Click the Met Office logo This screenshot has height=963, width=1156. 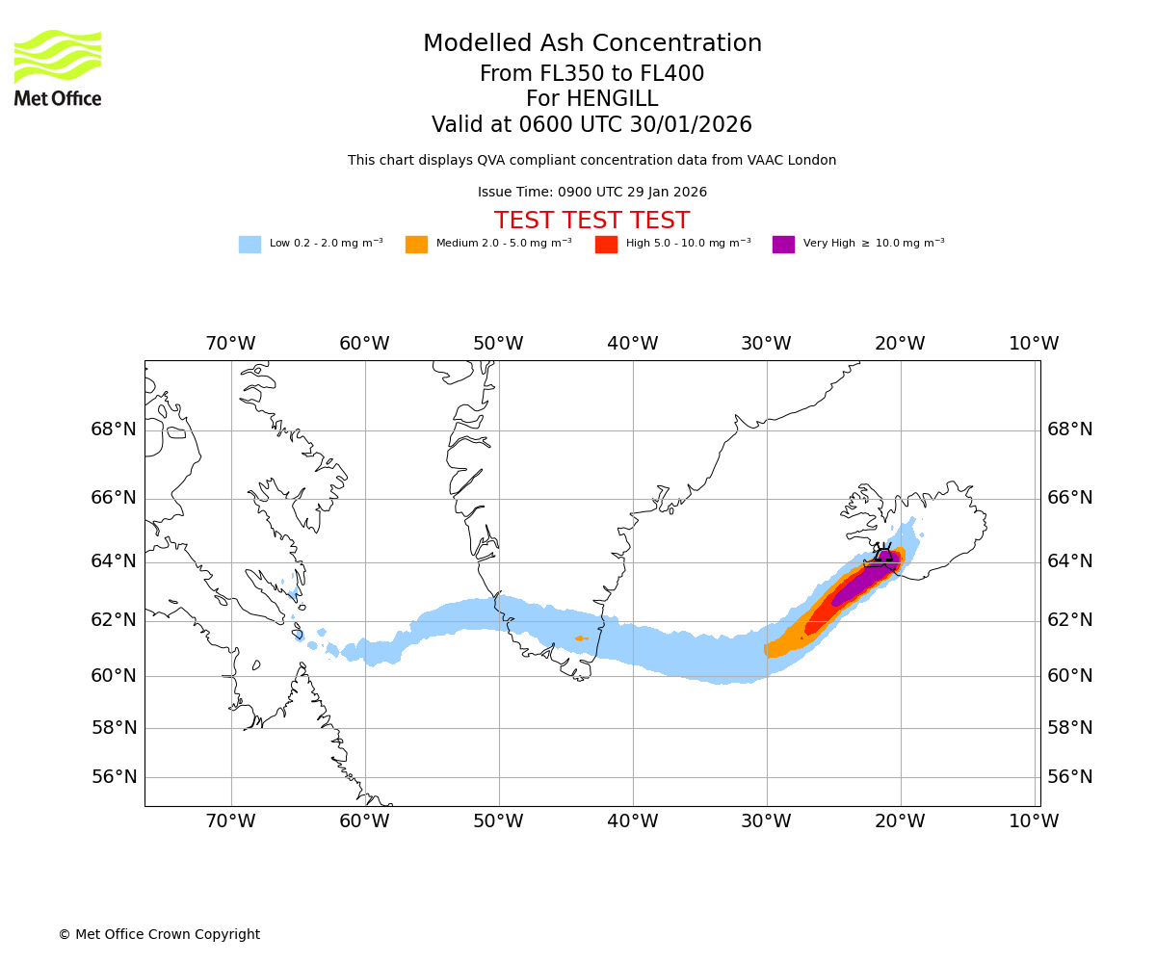click(x=58, y=67)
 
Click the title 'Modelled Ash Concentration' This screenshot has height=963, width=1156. click(x=592, y=44)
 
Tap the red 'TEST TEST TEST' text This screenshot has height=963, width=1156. click(x=592, y=221)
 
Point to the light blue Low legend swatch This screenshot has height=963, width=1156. click(x=250, y=245)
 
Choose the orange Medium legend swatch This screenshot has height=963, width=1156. click(x=416, y=245)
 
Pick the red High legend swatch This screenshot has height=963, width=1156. click(x=606, y=245)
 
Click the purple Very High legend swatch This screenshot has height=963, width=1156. click(x=783, y=245)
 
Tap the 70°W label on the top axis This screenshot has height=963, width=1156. click(x=230, y=344)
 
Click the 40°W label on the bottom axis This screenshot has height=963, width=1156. click(x=632, y=821)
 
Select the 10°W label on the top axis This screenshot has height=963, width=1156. click(x=1034, y=344)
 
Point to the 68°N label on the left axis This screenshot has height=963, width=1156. click(x=114, y=429)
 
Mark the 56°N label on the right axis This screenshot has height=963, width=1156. click(x=1070, y=777)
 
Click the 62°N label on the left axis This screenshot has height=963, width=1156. click(x=114, y=620)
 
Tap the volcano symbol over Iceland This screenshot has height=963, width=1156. click(x=884, y=556)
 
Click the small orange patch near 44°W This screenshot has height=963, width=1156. click(x=580, y=638)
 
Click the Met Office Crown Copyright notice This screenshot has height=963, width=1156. click(x=159, y=935)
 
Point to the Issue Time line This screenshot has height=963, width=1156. click(x=592, y=193)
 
